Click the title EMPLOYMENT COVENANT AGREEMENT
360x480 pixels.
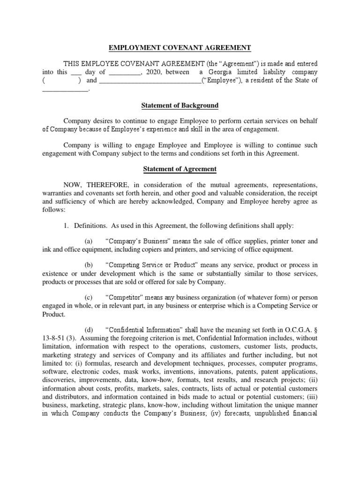click(x=180, y=47)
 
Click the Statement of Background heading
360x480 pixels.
click(x=180, y=105)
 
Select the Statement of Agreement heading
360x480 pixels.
click(x=180, y=169)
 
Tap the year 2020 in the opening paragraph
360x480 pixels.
click(x=153, y=72)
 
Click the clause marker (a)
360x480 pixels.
click(x=89, y=241)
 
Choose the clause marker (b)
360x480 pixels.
click(x=89, y=265)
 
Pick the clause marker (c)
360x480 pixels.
click(x=89, y=298)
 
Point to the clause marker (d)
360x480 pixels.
click(x=89, y=330)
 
